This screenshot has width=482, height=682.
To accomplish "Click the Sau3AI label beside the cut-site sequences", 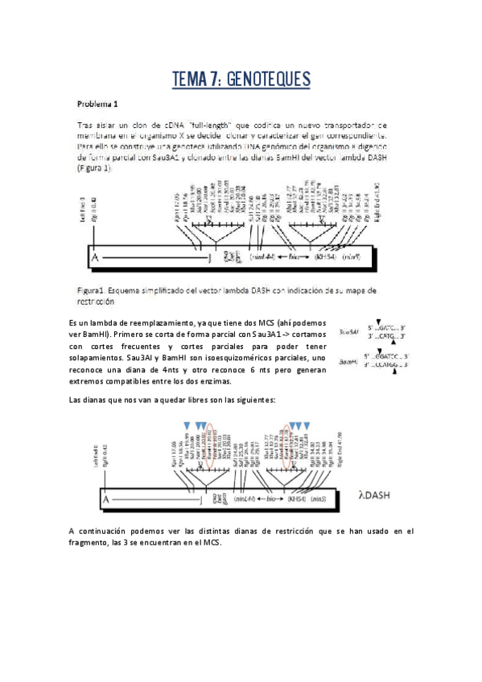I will click(348, 332).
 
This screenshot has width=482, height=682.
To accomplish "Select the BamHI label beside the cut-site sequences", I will click(348, 361).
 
